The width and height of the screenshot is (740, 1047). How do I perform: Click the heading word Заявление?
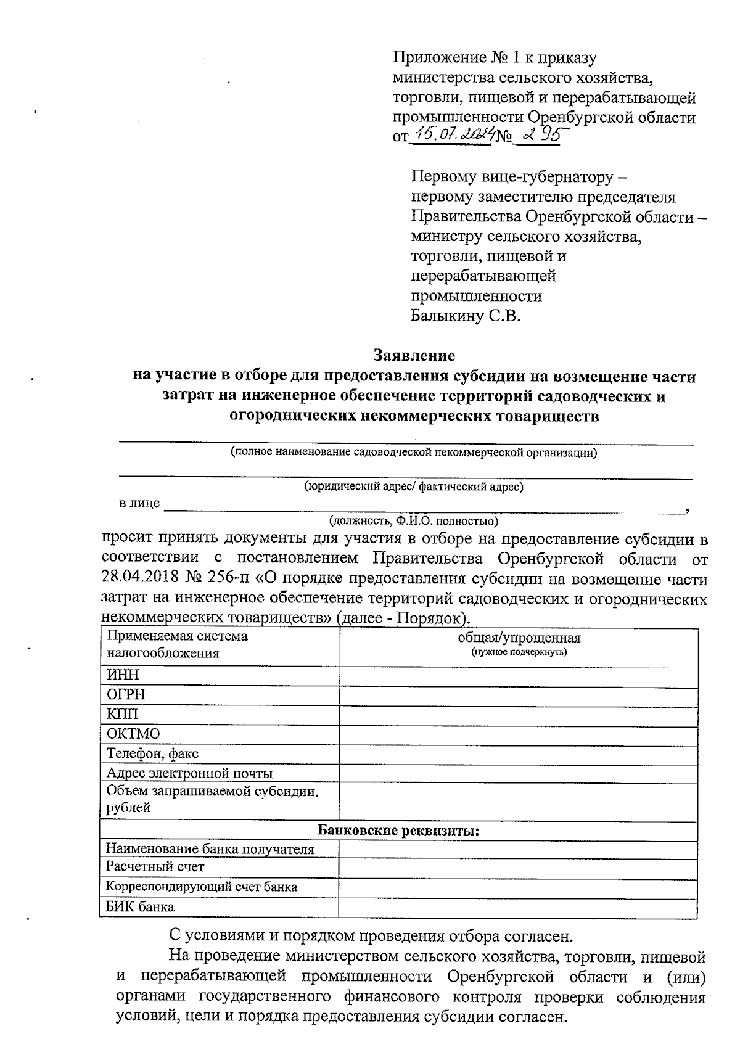pos(414,356)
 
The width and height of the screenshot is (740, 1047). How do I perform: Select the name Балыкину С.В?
pos(466,317)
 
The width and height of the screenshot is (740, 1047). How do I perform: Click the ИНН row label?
pos(123,675)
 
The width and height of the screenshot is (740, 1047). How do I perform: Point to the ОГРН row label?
pos(126,694)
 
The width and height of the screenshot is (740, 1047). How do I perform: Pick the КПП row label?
pos(123,714)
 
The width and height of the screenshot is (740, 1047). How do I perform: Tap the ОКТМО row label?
pos(133,734)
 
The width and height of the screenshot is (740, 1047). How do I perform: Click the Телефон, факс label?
pos(152,753)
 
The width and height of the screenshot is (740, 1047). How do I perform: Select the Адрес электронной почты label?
pos(189,773)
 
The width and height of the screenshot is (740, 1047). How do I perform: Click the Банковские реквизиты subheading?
pos(398,831)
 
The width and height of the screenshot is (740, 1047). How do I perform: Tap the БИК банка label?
pos(140,906)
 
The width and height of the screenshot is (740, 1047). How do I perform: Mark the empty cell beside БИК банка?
pos(518,907)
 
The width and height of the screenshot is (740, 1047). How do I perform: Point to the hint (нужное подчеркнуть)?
pos(519,652)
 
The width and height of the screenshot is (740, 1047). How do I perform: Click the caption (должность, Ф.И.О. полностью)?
pos(414,520)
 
